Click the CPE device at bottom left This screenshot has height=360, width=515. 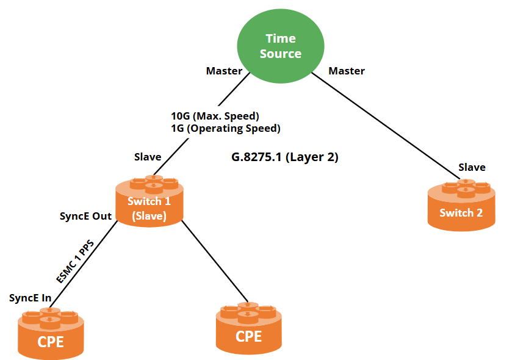click(x=51, y=334)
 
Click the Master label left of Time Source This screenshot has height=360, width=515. click(x=224, y=71)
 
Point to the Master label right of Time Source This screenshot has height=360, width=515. click(x=347, y=71)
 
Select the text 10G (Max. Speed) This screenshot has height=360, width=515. click(x=215, y=116)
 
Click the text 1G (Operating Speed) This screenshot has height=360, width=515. click(x=226, y=129)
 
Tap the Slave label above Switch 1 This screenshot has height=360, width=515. click(x=148, y=157)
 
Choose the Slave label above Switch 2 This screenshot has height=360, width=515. click(x=472, y=167)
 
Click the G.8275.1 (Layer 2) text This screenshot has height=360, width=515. click(x=284, y=157)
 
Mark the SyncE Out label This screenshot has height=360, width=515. click(x=85, y=216)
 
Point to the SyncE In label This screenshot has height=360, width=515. click(x=30, y=298)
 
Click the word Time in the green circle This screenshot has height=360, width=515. click(x=281, y=38)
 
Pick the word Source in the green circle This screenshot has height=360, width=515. click(x=281, y=54)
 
